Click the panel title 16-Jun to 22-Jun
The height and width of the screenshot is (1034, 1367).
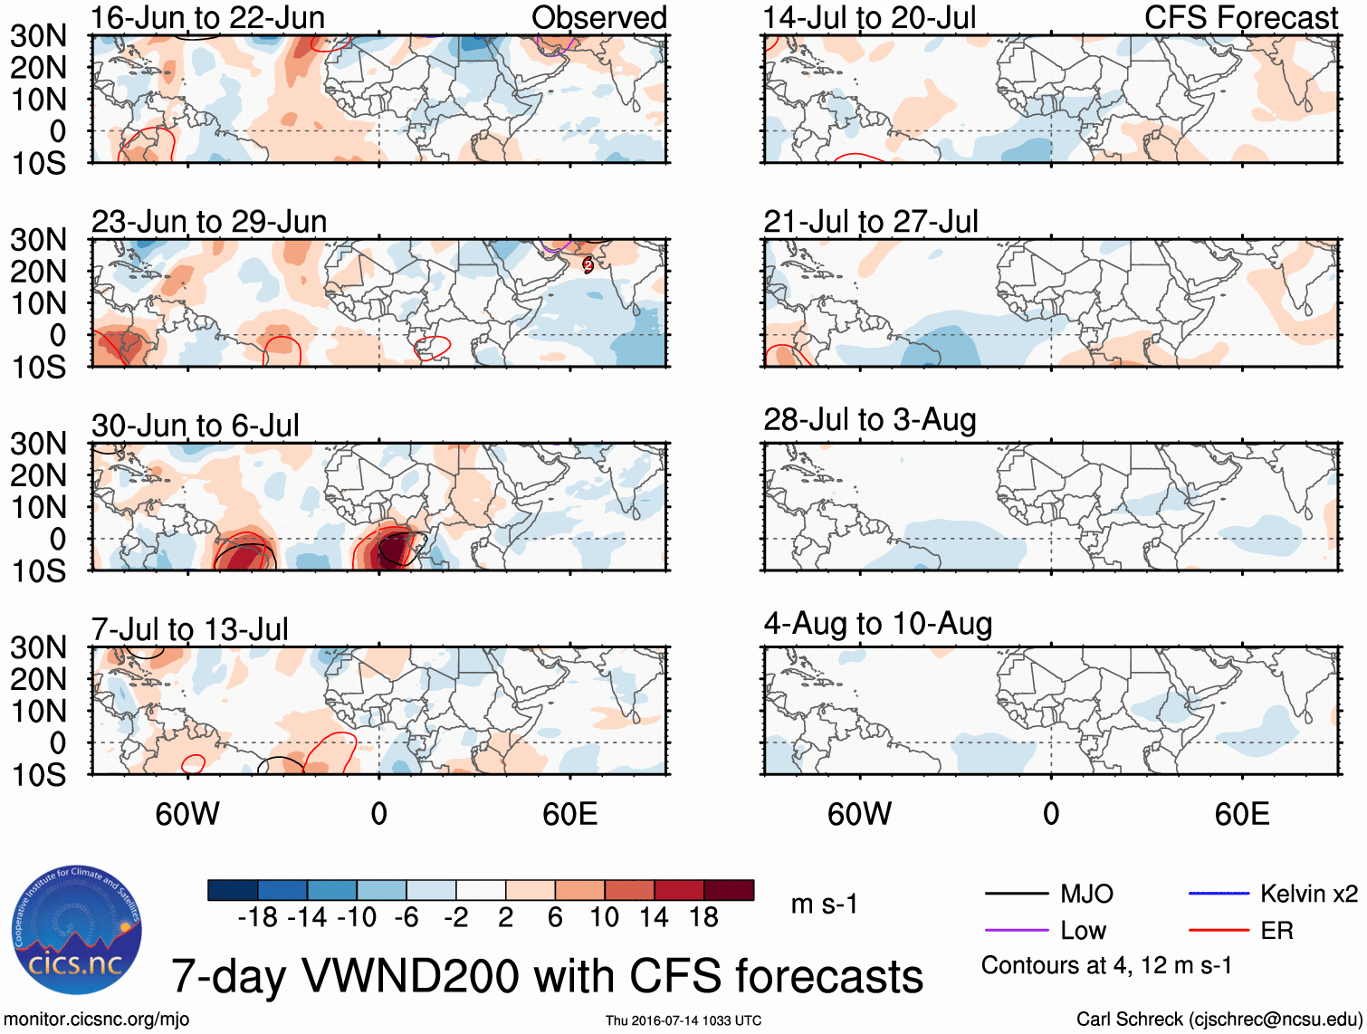click(x=207, y=18)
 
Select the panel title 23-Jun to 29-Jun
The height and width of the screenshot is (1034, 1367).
click(x=209, y=222)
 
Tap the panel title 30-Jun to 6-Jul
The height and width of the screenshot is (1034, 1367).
click(x=195, y=426)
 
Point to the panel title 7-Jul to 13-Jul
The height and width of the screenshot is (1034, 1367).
click(x=190, y=629)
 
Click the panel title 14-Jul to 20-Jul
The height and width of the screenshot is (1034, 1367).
click(x=869, y=18)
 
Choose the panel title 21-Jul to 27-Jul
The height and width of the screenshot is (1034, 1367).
click(x=871, y=222)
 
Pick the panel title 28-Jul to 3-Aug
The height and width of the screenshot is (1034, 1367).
click(x=870, y=420)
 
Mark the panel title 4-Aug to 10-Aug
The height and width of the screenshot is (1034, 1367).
click(x=878, y=624)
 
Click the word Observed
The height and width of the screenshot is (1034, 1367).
click(x=599, y=18)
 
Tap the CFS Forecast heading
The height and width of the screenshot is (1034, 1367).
click(x=1241, y=18)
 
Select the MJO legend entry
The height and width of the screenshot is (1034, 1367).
click(x=1086, y=895)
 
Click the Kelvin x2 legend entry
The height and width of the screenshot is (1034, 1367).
click(x=1308, y=895)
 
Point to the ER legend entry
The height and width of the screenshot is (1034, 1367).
click(x=1276, y=931)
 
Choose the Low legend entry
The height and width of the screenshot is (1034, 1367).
click(x=1083, y=931)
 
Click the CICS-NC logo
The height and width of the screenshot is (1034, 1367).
click(x=77, y=931)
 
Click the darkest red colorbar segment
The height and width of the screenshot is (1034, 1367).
click(x=729, y=890)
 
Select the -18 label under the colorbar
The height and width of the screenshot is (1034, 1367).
click(x=257, y=918)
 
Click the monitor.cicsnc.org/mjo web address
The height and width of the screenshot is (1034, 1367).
click(x=97, y=1020)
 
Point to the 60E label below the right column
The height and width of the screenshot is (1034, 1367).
click(x=1241, y=815)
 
